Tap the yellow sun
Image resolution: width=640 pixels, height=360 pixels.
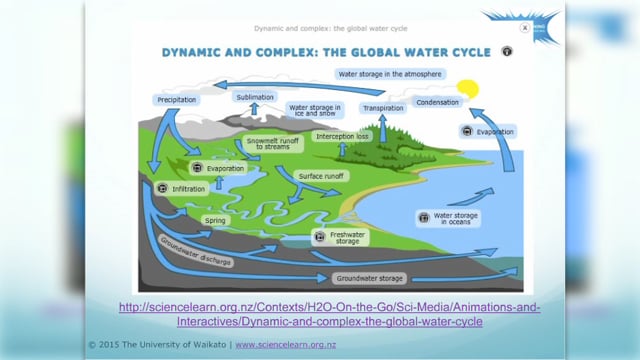(x=467, y=89)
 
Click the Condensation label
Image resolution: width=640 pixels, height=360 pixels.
(x=438, y=102)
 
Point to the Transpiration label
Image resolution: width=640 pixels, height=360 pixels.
(x=383, y=107)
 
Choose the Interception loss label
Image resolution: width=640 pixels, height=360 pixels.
(x=342, y=136)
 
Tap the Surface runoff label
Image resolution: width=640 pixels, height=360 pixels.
(x=321, y=175)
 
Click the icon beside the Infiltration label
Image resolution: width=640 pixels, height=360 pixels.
(x=163, y=187)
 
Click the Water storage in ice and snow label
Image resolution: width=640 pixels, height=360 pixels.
(x=315, y=110)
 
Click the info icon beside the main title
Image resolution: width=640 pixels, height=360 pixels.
(x=507, y=50)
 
